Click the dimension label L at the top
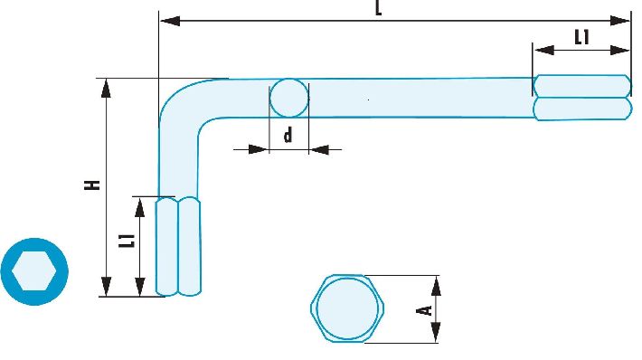click(x=378, y=8)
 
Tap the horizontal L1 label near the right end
click(x=581, y=38)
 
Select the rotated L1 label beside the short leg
click(x=127, y=241)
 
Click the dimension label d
click(x=288, y=135)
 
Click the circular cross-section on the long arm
click(x=289, y=99)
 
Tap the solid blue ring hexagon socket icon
click(x=34, y=271)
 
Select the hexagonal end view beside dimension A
click(x=347, y=308)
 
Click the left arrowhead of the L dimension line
click(x=170, y=21)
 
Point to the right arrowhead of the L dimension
click(x=620, y=21)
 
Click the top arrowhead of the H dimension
click(x=106, y=89)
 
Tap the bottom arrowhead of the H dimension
click(x=106, y=286)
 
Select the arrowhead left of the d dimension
click(x=259, y=149)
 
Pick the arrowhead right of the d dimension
click(x=319, y=149)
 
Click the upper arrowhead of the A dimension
click(x=437, y=286)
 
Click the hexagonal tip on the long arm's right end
click(x=582, y=98)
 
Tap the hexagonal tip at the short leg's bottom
click(x=178, y=246)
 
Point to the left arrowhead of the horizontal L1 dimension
click(x=544, y=50)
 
